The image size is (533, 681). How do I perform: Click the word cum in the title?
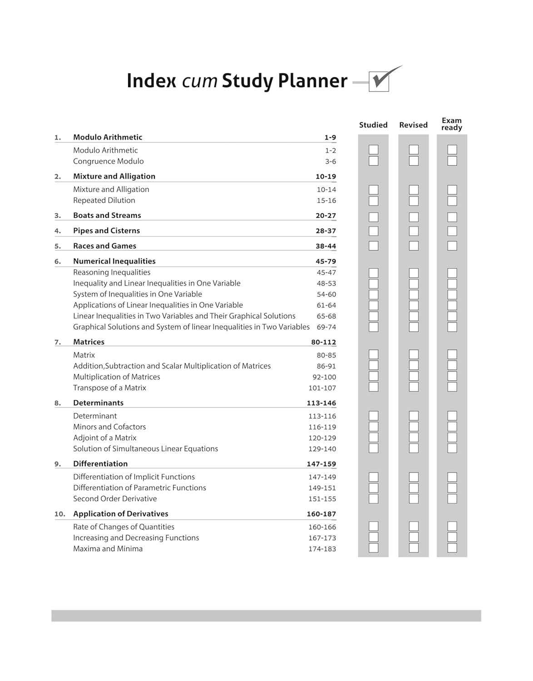[x=199, y=81]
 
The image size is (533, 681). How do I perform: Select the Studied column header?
[x=373, y=125]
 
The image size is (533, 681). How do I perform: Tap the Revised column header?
[x=413, y=125]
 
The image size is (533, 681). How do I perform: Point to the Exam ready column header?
[x=452, y=124]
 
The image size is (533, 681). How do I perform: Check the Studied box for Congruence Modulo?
[x=374, y=161]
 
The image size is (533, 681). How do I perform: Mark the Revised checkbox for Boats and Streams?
[x=414, y=217]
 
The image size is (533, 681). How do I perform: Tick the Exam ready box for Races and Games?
[x=452, y=246]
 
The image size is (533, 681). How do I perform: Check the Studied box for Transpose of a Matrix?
[x=374, y=387]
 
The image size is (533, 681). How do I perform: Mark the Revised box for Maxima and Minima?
[x=414, y=548]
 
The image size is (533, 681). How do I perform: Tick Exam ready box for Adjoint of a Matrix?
[x=452, y=437]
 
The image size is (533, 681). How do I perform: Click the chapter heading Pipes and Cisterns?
[x=106, y=231]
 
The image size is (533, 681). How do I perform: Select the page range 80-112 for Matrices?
[x=324, y=342]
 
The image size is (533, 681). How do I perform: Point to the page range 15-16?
[x=326, y=201]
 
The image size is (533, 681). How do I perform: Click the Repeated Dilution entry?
[x=104, y=200]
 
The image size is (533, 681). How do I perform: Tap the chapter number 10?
[x=60, y=514]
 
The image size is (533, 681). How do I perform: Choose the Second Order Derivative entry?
[x=115, y=498]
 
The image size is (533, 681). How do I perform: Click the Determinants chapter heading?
[x=98, y=403]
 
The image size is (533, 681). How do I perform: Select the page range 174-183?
[x=322, y=549]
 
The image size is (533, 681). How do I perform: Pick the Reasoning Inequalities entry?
[x=112, y=272]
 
